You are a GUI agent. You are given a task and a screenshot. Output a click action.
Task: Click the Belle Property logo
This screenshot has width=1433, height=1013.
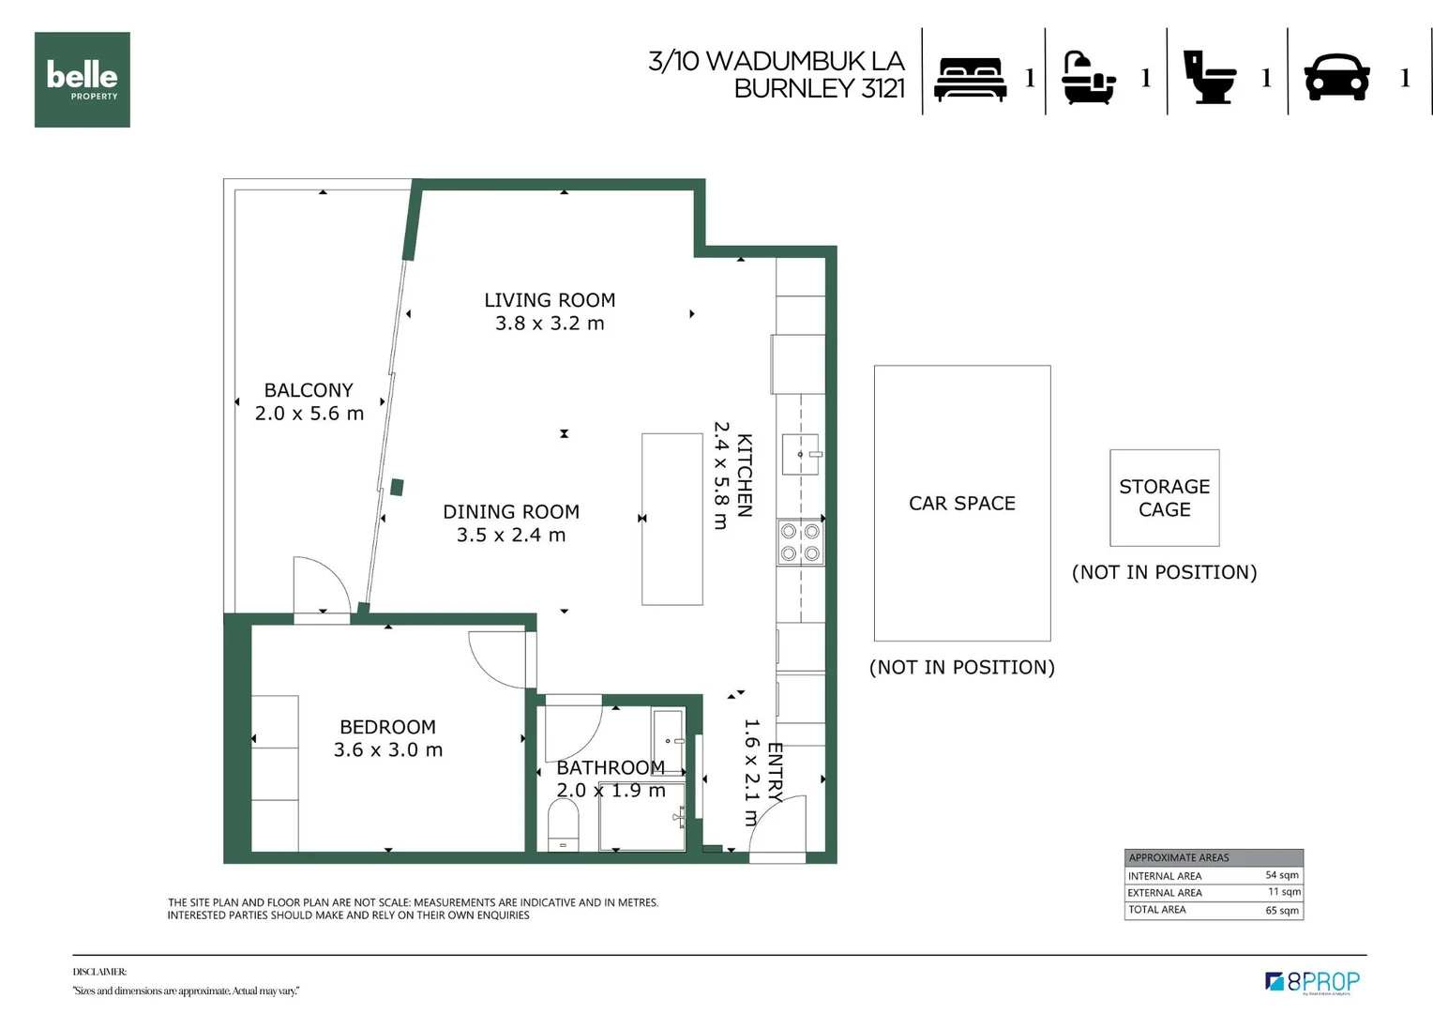(x=83, y=80)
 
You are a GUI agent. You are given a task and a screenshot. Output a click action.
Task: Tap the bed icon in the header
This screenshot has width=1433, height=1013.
(x=972, y=79)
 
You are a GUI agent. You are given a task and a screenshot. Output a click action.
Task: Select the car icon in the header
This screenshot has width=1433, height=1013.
(x=1336, y=77)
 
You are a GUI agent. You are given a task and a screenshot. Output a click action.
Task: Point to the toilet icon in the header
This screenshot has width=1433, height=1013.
(x=1209, y=77)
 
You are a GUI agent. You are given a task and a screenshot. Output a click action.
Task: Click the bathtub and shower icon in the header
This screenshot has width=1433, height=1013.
(x=1089, y=78)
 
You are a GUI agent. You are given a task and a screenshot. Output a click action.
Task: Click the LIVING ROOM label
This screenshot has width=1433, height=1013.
(x=550, y=300)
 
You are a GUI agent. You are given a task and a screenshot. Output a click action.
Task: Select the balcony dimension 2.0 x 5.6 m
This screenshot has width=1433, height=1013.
(x=309, y=414)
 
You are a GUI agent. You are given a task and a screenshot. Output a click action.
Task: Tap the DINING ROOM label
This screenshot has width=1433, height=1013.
(x=511, y=512)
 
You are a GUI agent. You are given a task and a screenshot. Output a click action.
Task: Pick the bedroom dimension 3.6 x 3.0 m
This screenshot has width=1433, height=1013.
(x=388, y=750)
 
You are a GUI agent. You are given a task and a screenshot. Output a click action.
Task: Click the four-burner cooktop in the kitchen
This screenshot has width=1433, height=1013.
(x=800, y=542)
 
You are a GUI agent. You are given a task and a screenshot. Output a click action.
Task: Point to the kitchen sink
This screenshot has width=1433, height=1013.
(x=800, y=454)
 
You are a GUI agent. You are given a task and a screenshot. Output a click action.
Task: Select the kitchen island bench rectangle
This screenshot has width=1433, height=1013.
(x=671, y=519)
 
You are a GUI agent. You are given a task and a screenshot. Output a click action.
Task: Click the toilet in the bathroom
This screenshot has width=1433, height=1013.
(x=563, y=827)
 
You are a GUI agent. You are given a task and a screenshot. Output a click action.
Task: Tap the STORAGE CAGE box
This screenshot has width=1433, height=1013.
(x=1164, y=498)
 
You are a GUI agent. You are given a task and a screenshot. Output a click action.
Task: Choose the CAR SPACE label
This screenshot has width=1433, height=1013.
(x=961, y=504)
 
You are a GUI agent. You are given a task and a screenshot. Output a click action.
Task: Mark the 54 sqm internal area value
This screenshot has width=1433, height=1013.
(x=1281, y=875)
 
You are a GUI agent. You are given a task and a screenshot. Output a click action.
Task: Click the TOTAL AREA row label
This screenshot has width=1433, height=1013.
(x=1156, y=910)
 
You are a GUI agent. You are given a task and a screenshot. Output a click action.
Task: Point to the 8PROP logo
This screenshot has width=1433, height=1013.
(x=1312, y=982)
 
